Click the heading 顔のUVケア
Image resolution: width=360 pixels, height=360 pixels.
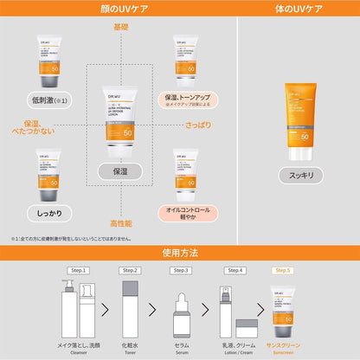pyautogui.click(x=119, y=9)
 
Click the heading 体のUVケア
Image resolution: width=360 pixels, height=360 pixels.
pyautogui.click(x=299, y=9)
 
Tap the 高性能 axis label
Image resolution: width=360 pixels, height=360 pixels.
pyautogui.click(x=119, y=224)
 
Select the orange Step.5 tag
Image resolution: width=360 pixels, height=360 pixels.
pyautogui.click(x=282, y=271)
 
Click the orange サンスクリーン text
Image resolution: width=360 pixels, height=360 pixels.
pyautogui.click(x=283, y=344)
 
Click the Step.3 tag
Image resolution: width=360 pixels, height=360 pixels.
pyautogui.click(x=180, y=271)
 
